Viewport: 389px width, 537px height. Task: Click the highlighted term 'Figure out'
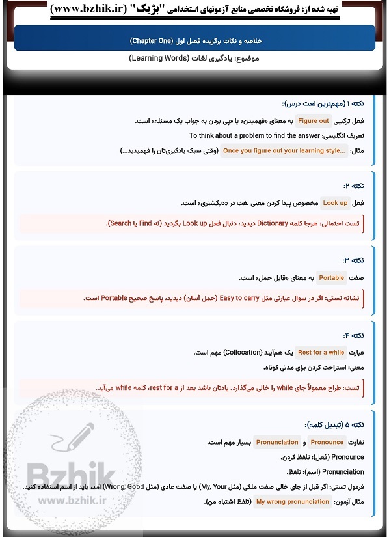point(314,121)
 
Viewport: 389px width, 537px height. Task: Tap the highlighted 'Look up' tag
point(336,203)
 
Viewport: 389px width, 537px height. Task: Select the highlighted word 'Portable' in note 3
point(332,278)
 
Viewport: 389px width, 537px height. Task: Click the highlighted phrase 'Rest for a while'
point(321,353)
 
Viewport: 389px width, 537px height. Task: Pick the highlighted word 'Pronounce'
point(327,442)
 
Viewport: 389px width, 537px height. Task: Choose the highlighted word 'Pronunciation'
point(277,442)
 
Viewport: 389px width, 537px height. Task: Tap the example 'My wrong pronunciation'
point(293,502)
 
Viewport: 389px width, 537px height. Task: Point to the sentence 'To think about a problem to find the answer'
point(255,136)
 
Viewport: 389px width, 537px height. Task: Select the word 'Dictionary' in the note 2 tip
point(262,223)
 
